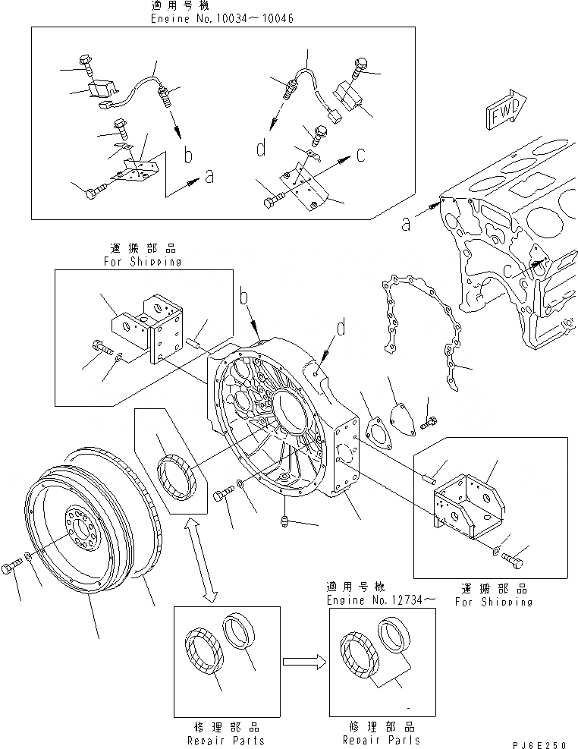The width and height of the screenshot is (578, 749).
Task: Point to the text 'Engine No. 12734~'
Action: [x=382, y=600]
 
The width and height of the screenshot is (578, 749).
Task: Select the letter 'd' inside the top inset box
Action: [x=261, y=149]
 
